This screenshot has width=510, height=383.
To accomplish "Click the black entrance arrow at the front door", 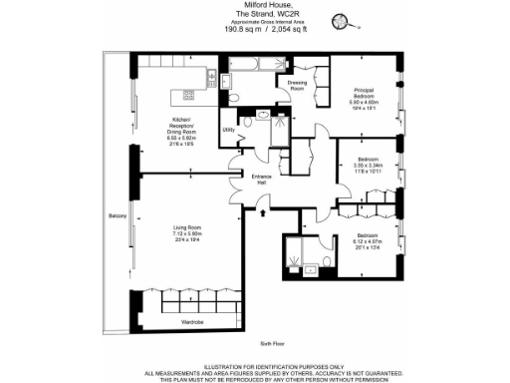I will click(261, 209).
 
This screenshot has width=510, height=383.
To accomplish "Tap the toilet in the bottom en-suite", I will click(309, 267).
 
